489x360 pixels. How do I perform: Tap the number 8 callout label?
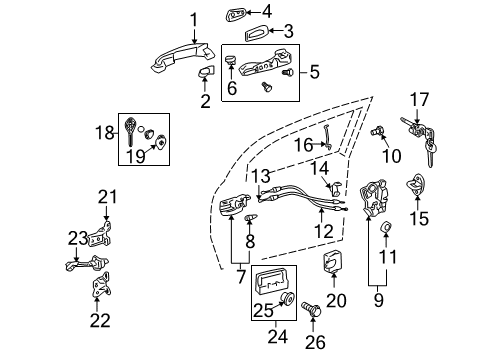point(251,240)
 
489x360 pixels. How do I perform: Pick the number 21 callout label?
point(106,196)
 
